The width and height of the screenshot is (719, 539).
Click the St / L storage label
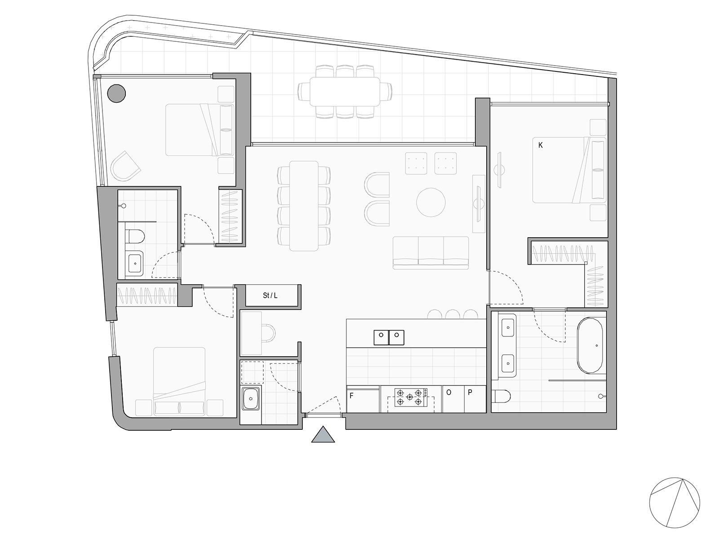pyautogui.click(x=270, y=296)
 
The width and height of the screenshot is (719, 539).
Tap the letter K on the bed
pyautogui.click(x=541, y=145)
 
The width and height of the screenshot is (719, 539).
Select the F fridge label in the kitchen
pyautogui.click(x=351, y=396)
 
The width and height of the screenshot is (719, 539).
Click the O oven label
pyautogui.click(x=449, y=393)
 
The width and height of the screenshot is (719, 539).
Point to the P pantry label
pyautogui.click(x=470, y=393)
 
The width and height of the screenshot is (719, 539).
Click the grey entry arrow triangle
pyautogui.click(x=323, y=434)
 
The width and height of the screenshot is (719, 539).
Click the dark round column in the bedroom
pyautogui.click(x=116, y=93)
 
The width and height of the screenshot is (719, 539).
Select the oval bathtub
pyautogui.click(x=590, y=345)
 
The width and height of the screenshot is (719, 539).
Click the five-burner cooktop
pyautogui.click(x=411, y=398)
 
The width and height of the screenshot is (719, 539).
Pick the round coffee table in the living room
pyautogui.click(x=431, y=202)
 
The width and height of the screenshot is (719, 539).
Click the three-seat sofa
pyautogui.click(x=431, y=252)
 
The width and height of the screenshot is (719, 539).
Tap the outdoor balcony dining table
pyautogui.click(x=345, y=92)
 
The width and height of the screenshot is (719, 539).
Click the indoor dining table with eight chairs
pyautogui.click(x=304, y=206)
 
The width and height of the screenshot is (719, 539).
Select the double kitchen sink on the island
pyautogui.click(x=389, y=337)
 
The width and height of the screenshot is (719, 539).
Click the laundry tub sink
pyautogui.click(x=251, y=398)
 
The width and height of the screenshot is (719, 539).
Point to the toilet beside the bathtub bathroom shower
pyautogui.click(x=501, y=396)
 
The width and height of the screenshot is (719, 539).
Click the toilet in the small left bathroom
pyautogui.click(x=135, y=236)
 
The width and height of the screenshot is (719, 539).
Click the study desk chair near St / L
pyautogui.click(x=269, y=333)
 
